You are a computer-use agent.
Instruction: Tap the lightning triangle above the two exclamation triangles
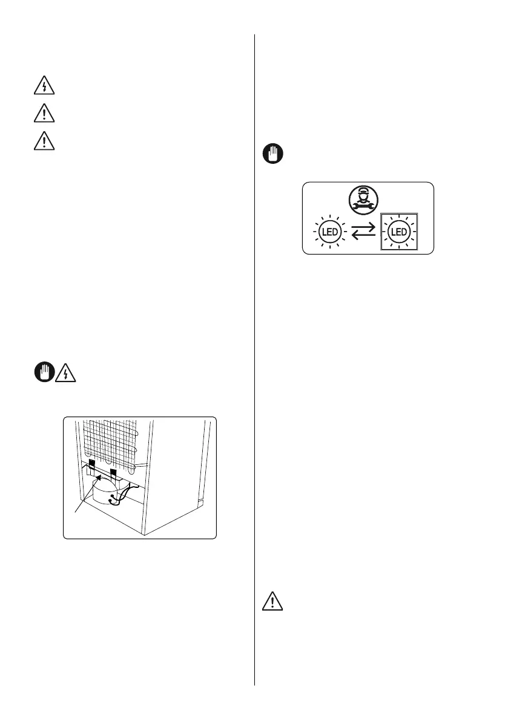[x=44, y=87]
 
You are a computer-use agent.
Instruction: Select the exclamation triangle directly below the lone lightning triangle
[x=44, y=114]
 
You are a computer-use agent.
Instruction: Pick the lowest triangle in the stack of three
[x=44, y=141]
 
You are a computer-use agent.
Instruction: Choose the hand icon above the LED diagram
[x=270, y=154]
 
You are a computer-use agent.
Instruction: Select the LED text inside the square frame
[x=398, y=232]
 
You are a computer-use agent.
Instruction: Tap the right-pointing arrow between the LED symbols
[x=363, y=228]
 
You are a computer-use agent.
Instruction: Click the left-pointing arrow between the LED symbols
[x=363, y=236]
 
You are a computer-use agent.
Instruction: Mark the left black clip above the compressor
[x=91, y=464]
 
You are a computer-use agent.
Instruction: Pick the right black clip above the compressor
[x=113, y=470]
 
